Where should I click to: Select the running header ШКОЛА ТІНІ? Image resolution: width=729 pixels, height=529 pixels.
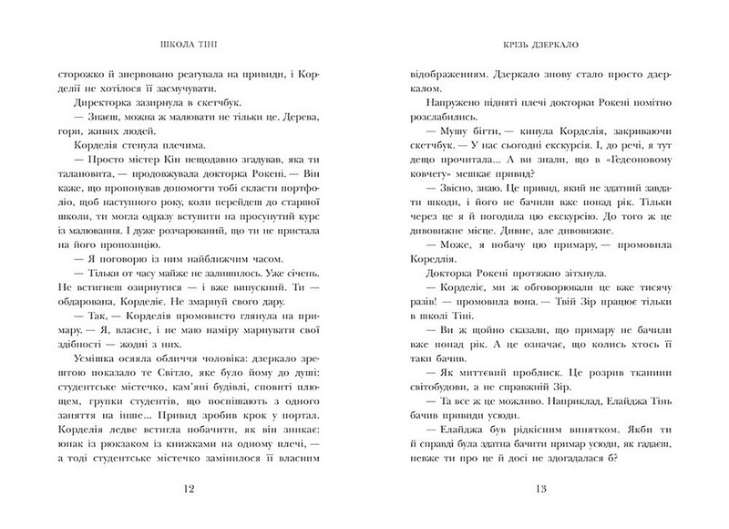click(x=189, y=43)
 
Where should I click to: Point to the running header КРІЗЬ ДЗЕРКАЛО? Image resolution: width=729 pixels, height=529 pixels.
click(x=540, y=43)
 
